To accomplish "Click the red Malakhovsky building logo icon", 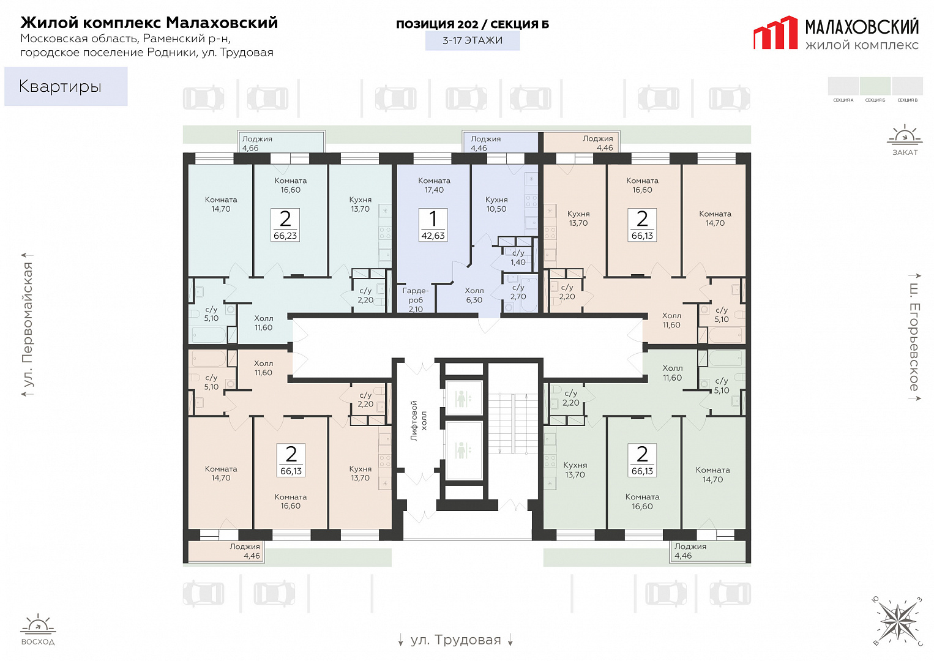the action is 775,33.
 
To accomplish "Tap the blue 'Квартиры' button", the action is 66,86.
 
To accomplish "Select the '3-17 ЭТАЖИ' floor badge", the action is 473,40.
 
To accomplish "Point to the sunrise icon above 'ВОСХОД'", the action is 38,622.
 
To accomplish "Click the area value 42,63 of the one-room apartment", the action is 433,236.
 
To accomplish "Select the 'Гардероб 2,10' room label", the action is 416,300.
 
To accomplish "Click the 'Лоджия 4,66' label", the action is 257,143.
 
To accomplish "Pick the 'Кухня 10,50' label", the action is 496,204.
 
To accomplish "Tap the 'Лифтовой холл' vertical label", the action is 419,421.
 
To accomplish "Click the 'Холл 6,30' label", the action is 474,295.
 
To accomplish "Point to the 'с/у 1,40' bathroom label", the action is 518,258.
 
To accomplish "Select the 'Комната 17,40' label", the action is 434,185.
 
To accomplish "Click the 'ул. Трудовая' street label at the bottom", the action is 456,640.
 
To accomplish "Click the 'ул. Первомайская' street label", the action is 28,325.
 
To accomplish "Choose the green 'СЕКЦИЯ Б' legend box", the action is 875,86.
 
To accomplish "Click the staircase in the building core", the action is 514,424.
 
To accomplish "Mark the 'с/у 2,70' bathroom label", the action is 518,292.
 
